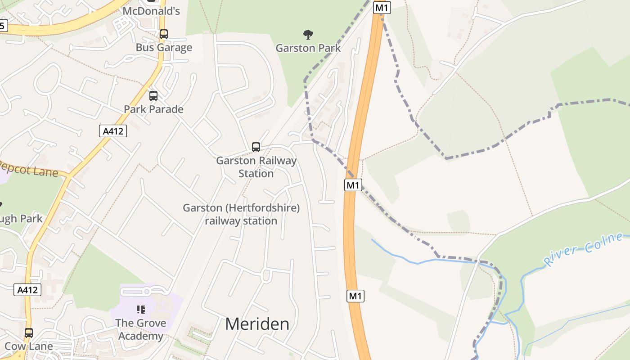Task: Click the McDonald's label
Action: [x=151, y=11]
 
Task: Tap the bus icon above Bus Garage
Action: [x=164, y=34]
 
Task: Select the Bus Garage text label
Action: [x=164, y=48]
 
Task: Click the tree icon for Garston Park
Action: [x=308, y=34]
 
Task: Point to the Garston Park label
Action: [x=308, y=48]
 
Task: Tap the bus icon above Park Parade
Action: [x=153, y=95]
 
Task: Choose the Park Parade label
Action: [x=153, y=109]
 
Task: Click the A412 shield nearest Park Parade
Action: [x=112, y=131]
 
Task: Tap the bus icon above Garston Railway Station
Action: [x=256, y=147]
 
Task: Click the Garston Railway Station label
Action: [x=256, y=167]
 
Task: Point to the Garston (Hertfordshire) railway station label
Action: [x=241, y=214]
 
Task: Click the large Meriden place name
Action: [x=257, y=324]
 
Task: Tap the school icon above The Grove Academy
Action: [x=141, y=309]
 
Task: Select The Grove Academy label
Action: [x=141, y=329]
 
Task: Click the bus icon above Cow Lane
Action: [x=29, y=333]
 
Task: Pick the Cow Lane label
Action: [x=29, y=346]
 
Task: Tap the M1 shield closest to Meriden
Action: [x=355, y=296]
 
